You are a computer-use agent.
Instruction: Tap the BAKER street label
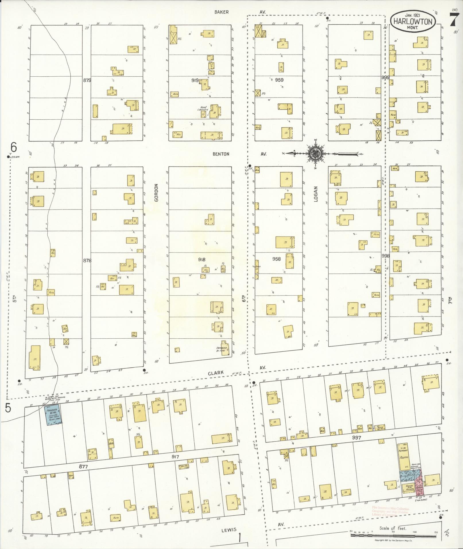coord(222,12)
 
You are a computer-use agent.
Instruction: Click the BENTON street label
coord(221,154)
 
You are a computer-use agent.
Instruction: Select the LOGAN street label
coord(316,194)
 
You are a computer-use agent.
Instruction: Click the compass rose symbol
coord(315,154)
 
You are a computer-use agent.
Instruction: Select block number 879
coord(87,80)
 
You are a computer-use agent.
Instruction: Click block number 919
coord(195,81)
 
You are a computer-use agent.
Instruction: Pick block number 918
coord(202,259)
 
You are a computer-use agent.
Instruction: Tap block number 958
coord(276,259)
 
